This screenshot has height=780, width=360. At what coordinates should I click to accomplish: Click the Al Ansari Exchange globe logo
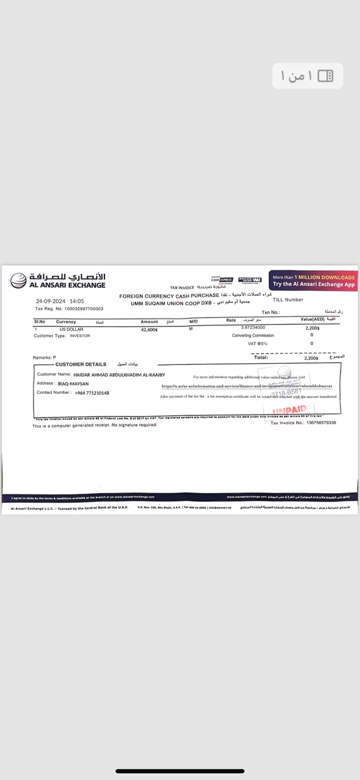point(18,280)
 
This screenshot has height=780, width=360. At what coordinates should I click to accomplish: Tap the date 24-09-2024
point(50,301)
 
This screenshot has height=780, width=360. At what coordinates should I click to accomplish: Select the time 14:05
point(77,301)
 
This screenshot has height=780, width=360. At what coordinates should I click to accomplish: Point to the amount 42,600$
point(149,329)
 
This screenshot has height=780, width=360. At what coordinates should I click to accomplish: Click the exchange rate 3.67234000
point(253,328)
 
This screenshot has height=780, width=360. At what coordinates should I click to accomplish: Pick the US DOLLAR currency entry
point(71,329)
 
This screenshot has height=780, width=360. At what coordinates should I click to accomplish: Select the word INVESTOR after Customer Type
point(80,336)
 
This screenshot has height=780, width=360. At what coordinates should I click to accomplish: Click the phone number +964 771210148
point(92,393)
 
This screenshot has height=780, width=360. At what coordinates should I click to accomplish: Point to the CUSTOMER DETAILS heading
point(80,364)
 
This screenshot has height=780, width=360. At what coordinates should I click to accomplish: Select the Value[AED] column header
point(312,320)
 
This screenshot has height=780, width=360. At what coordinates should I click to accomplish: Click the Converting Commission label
point(253,335)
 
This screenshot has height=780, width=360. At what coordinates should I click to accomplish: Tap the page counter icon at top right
point(325,76)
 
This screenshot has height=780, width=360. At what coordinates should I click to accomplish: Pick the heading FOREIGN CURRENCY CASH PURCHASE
point(169,296)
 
